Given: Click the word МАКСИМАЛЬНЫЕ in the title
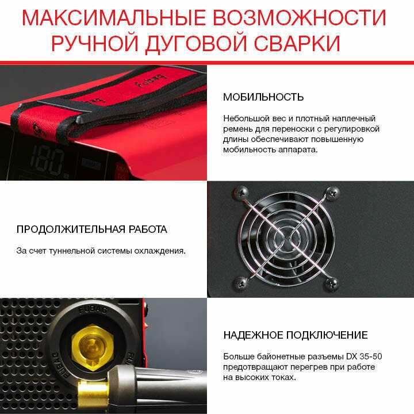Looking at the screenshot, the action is (114, 18).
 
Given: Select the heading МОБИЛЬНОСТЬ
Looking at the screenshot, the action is (263, 97).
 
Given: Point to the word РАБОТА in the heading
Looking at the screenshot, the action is (148, 229).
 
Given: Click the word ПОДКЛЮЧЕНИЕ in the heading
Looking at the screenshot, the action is (327, 335).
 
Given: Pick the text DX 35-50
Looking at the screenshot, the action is (364, 356).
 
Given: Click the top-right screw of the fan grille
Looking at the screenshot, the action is (332, 193).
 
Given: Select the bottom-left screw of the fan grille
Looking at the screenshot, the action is (240, 283).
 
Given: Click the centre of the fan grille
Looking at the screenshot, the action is (286, 238).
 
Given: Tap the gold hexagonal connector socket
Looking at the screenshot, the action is (93, 348).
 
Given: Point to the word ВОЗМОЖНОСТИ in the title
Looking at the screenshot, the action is (300, 18).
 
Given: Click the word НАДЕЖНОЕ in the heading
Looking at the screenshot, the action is (253, 335).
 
